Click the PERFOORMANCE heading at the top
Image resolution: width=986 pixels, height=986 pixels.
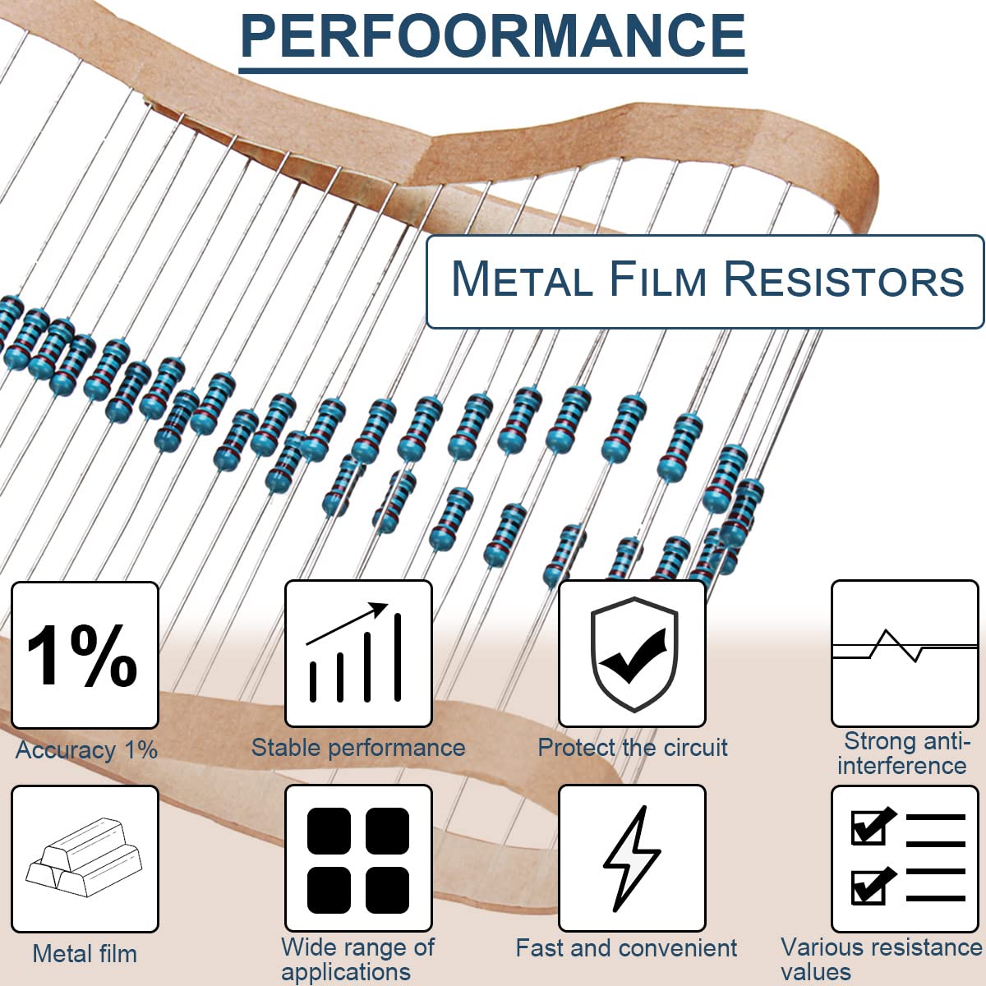point(493,36)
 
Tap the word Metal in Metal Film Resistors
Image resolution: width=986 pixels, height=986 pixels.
point(522,279)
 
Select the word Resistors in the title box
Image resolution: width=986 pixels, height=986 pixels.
point(844,279)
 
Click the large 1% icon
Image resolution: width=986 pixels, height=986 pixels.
point(84,655)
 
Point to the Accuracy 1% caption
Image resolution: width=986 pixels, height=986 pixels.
point(86,750)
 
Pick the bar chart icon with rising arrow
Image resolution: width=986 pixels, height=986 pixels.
point(357,654)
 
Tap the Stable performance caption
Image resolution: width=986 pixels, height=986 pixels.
point(357,748)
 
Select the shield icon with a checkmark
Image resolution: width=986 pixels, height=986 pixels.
point(633,654)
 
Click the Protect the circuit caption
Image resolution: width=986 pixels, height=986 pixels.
point(633,748)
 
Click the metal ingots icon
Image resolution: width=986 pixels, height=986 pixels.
point(84,859)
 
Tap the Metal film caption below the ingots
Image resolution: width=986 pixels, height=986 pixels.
point(85,954)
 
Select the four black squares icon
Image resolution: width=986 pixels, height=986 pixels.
point(357,859)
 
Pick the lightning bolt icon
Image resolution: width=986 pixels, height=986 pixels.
point(631,859)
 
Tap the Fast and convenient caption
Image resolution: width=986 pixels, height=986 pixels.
point(626,948)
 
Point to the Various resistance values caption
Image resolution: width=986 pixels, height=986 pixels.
point(881,960)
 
